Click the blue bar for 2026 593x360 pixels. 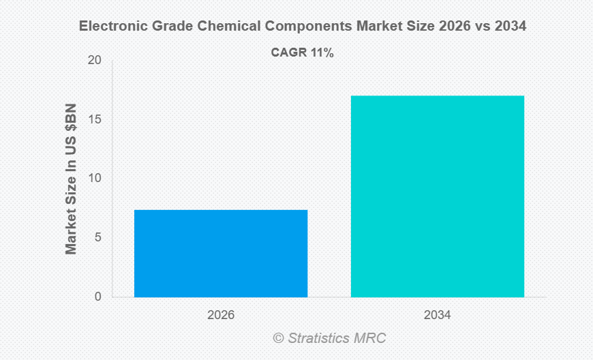click(x=221, y=253)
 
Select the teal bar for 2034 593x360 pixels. click(x=438, y=196)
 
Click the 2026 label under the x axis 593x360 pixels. click(x=221, y=316)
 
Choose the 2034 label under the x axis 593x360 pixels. click(x=438, y=316)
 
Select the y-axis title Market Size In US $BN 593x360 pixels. click(x=72, y=179)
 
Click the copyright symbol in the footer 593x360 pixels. click(x=277, y=338)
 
